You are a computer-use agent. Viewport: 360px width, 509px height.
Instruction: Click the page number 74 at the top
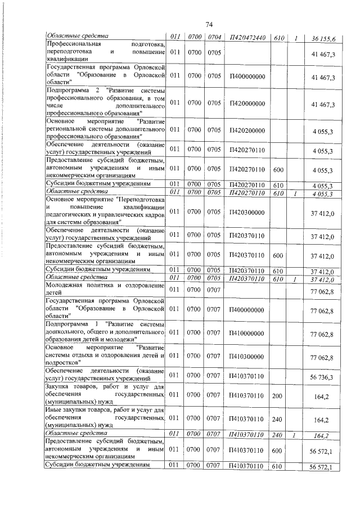click(x=209, y=24)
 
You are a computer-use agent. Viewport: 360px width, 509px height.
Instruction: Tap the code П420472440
click(x=247, y=38)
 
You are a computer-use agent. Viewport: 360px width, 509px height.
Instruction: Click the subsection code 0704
click(x=213, y=38)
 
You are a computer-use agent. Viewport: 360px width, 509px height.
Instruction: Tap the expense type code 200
click(x=277, y=396)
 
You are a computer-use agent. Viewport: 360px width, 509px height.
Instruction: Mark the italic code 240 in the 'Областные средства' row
click(x=277, y=434)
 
